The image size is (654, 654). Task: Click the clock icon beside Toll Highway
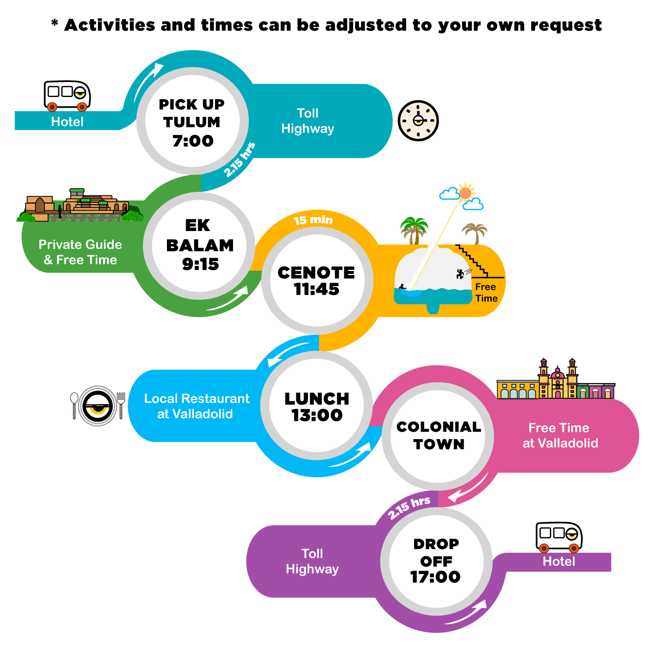tap(418, 121)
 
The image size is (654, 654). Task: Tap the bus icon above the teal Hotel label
tap(67, 96)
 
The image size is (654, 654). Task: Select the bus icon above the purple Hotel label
tap(559, 537)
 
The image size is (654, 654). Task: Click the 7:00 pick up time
tap(193, 141)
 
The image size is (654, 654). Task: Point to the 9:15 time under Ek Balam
tap(200, 264)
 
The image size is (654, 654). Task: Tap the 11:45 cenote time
tap(316, 289)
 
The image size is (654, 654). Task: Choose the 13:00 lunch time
tap(317, 415)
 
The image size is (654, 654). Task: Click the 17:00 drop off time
tap(435, 577)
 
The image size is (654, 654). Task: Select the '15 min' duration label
tap(313, 220)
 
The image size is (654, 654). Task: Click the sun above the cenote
tap(465, 193)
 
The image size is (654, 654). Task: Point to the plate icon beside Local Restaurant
tap(98, 406)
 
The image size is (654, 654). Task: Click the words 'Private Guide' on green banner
tap(80, 244)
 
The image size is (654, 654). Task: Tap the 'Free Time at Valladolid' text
tap(560, 435)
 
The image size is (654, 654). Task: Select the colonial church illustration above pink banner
tap(556, 379)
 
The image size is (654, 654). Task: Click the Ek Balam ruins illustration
tap(79, 205)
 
